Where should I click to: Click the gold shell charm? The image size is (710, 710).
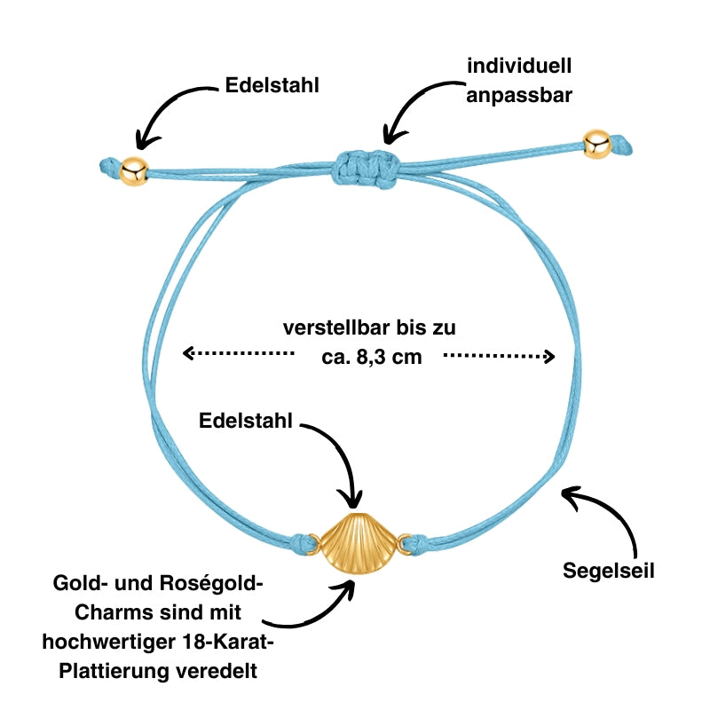tap(355, 543)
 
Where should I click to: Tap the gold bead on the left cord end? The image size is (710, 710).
tap(134, 170)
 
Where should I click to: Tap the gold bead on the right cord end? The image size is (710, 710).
tap(596, 144)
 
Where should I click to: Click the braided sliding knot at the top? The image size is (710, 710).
tap(366, 165)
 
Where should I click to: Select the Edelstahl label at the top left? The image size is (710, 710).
tap(272, 85)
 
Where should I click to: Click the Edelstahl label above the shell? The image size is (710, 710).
tap(246, 421)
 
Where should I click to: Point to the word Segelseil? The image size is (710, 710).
tap(609, 571)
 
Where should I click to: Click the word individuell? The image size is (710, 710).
tap(520, 67)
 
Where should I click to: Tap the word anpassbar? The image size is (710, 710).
tap(520, 93)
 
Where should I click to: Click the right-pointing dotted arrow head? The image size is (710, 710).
tap(549, 357)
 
